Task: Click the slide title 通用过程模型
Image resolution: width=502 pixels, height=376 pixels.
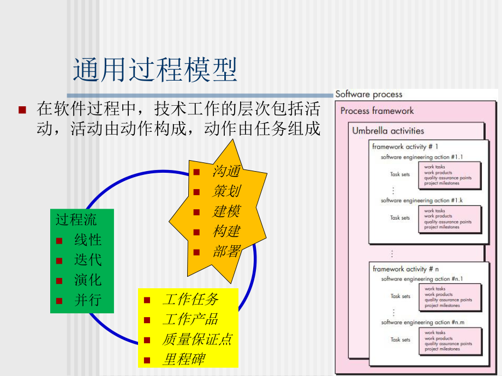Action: (155, 71)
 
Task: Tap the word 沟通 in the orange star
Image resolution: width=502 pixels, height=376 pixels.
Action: (226, 172)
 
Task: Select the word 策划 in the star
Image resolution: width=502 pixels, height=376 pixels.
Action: (226, 191)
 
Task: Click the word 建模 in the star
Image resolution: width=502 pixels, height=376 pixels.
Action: (226, 211)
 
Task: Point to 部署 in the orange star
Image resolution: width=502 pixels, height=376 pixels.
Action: (226, 252)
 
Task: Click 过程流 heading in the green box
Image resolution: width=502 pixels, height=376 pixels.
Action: (76, 220)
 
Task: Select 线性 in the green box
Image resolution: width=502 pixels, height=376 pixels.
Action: (88, 240)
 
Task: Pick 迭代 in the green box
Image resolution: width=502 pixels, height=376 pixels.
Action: (88, 260)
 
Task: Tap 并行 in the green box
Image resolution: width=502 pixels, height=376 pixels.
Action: (88, 300)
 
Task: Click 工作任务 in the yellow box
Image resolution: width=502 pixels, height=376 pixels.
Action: (190, 300)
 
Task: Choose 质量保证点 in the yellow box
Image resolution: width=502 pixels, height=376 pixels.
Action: (197, 339)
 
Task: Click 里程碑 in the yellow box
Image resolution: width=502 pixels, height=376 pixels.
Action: (183, 360)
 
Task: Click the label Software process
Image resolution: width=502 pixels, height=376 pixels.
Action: (369, 94)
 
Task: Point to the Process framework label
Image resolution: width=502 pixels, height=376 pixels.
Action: (377, 111)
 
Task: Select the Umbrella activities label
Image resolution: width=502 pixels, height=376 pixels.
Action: (388, 131)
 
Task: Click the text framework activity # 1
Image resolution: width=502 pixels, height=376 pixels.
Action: (405, 147)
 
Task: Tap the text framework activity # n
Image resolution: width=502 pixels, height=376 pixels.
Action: (405, 269)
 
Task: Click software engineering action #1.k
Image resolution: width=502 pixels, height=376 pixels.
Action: (422, 201)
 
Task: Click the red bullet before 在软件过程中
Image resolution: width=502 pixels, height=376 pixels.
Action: (22, 110)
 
